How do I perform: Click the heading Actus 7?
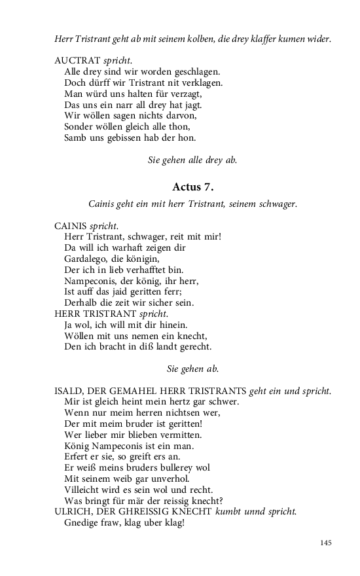[192, 187]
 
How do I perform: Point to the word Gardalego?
[85, 259]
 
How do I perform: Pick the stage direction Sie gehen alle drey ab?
[192, 160]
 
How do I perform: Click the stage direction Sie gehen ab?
[192, 369]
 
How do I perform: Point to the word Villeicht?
[84, 489]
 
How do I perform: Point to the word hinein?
[172, 325]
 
